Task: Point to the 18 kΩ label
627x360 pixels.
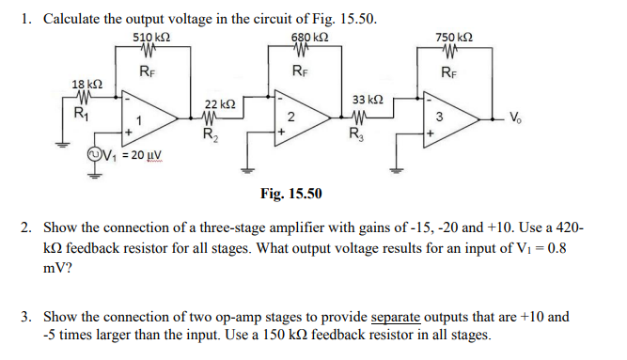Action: click(87, 85)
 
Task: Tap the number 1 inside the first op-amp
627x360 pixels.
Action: click(139, 119)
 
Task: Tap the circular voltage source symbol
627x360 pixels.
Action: click(93, 155)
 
